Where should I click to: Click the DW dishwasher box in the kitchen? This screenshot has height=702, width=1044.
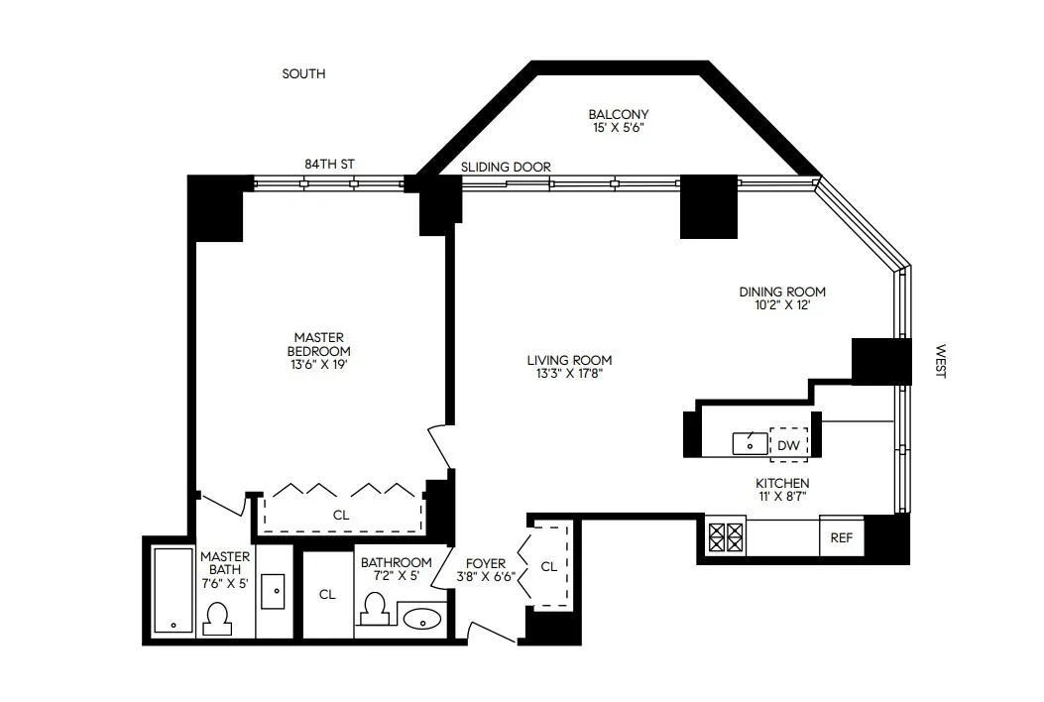point(789,445)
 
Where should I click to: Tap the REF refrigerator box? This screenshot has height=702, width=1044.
point(841,538)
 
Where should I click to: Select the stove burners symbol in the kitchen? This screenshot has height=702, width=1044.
point(725,537)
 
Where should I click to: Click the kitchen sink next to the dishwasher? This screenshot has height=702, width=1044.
point(750,444)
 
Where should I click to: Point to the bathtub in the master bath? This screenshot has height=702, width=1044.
point(174,590)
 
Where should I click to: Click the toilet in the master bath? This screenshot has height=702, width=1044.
point(217,620)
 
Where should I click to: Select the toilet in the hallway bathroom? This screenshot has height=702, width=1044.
point(375,609)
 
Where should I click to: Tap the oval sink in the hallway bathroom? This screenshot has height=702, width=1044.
point(423,618)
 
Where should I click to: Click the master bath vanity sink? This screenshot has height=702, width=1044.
point(274,591)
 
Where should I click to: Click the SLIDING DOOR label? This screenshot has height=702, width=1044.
point(506,168)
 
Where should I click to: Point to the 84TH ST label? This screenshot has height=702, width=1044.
point(329,164)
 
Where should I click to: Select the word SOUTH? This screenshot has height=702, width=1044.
point(303,74)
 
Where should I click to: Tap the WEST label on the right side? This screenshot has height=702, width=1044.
point(940,361)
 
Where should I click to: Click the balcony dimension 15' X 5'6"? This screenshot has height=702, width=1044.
point(618,128)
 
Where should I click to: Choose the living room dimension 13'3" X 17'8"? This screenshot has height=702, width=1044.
point(569,374)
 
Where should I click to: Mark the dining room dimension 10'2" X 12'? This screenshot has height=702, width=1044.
point(782,305)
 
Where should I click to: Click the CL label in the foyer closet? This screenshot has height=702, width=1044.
point(548,566)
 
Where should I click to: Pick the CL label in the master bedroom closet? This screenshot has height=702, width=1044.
point(341,515)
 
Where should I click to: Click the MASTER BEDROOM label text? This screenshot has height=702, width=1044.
point(318,344)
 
